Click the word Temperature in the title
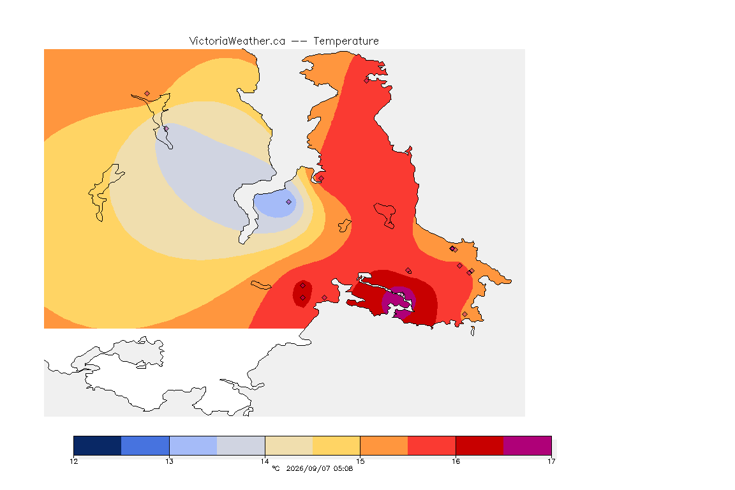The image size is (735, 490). [346, 41]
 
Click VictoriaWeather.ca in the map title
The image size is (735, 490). [237, 41]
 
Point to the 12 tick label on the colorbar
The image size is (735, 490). [73, 461]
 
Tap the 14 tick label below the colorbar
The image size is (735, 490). [265, 461]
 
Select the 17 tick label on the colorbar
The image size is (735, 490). [551, 461]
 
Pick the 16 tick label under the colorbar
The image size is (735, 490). [456, 461]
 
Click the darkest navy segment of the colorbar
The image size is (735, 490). [98, 445]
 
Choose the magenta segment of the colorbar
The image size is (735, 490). [528, 445]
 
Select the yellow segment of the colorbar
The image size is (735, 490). [336, 445]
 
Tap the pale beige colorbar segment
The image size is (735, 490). [289, 445]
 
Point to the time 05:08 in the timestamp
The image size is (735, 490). [343, 468]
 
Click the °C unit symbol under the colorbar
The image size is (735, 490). [276, 468]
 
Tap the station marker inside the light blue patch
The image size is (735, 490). [289, 202]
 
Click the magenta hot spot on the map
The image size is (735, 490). [398, 302]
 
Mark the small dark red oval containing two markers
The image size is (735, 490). [302, 294]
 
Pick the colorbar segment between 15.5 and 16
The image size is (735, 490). [432, 445]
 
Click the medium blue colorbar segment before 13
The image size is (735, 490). [145, 445]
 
